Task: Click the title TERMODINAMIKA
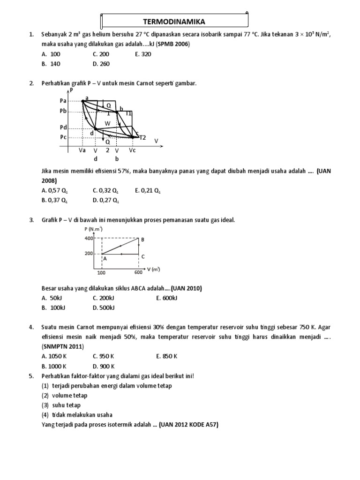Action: click(x=174, y=21)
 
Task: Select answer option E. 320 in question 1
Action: click(x=143, y=54)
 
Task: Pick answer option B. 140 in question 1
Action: click(x=51, y=64)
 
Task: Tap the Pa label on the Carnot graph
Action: click(x=63, y=100)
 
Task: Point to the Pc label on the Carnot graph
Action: click(x=63, y=137)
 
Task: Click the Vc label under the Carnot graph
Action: click(x=132, y=150)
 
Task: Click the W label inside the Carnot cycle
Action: click(x=107, y=123)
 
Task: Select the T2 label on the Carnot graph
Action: click(x=142, y=137)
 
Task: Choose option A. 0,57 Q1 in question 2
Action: click(x=55, y=190)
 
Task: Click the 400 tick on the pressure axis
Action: click(x=89, y=238)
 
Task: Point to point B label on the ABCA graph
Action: click(x=142, y=240)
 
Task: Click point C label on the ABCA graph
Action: click(x=142, y=256)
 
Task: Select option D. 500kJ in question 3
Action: click(x=104, y=307)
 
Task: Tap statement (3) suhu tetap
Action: click(x=61, y=405)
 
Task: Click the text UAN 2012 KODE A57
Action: click(x=189, y=425)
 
